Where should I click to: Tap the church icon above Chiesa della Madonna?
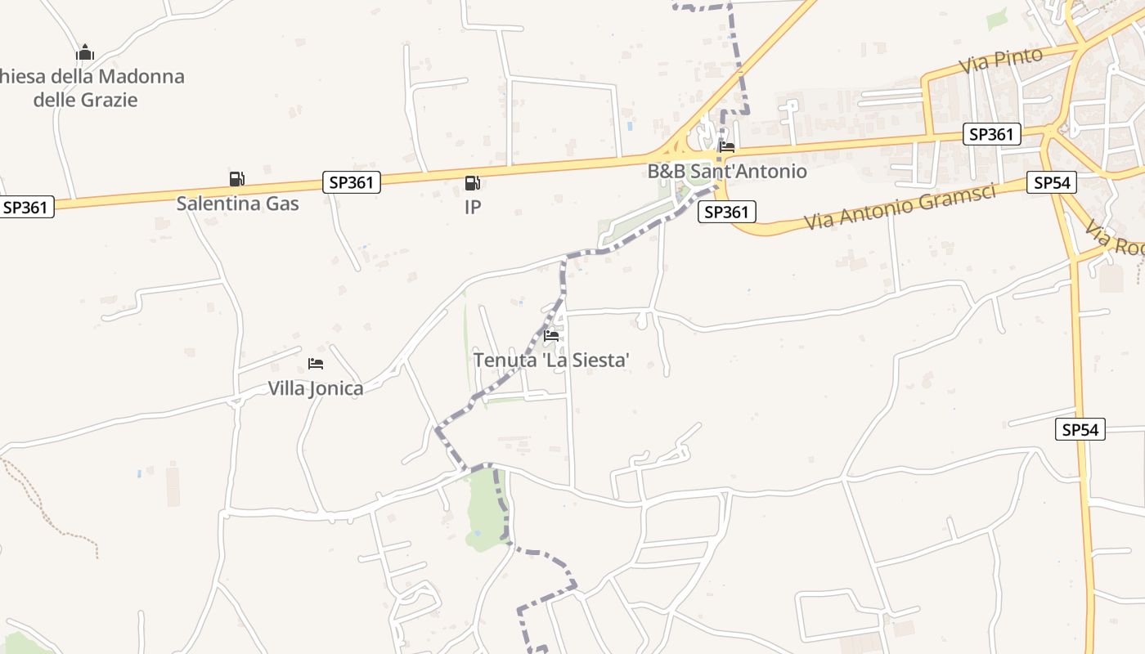click(x=85, y=54)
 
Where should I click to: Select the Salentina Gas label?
click(x=237, y=204)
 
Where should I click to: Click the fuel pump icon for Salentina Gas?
click(x=236, y=179)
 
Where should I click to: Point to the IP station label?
click(x=473, y=207)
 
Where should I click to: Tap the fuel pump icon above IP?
click(x=472, y=183)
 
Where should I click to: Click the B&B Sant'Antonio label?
click(x=727, y=172)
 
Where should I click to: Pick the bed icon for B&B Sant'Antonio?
click(x=726, y=148)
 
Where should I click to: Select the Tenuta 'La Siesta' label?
click(x=551, y=360)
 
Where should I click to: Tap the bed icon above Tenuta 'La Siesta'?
click(x=551, y=335)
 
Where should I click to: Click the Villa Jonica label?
click(x=316, y=388)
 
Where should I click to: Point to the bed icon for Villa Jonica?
click(x=316, y=364)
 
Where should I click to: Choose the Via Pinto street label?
click(x=1004, y=60)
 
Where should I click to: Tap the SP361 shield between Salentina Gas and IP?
click(x=352, y=182)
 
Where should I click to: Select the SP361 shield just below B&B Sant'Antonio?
click(x=726, y=213)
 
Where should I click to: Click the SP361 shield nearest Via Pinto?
click(x=993, y=134)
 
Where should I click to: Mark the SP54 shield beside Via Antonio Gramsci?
click(x=1052, y=183)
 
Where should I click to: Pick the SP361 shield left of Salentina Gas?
click(x=26, y=208)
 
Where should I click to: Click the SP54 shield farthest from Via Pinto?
click(x=1080, y=429)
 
